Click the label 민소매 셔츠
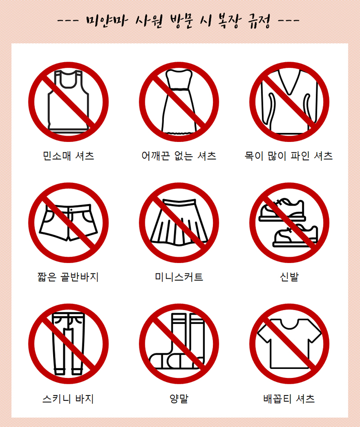point(68,156)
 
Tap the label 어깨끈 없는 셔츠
point(179,156)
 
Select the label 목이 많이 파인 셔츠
point(289,156)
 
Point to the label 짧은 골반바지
point(68,277)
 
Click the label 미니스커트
point(179,277)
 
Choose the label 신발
point(289,277)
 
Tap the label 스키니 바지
point(68,399)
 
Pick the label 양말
point(179,399)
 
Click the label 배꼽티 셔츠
point(289,399)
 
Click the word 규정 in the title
point(259,21)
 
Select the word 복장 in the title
point(229,21)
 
